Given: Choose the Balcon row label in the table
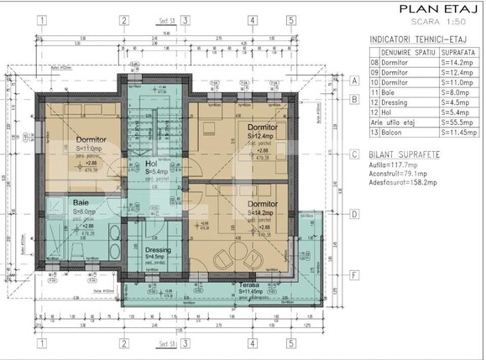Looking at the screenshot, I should [x=395, y=133].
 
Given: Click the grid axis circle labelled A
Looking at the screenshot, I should [x=355, y=81].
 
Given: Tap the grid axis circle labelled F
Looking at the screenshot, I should [x=355, y=274].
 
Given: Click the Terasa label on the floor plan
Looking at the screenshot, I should [x=248, y=285].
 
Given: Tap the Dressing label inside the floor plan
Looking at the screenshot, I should [x=158, y=249].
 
